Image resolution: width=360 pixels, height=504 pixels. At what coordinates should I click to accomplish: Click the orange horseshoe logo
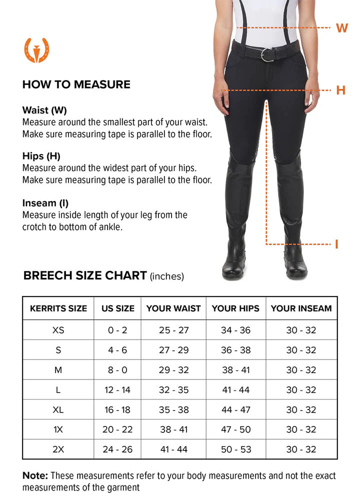click(36, 50)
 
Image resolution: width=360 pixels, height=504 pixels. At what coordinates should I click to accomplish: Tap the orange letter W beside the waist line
click(342, 28)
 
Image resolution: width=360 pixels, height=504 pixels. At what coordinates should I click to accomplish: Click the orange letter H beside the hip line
click(340, 90)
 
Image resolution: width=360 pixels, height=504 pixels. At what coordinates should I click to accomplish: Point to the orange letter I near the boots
click(336, 244)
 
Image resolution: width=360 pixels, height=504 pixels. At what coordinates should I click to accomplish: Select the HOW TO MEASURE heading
click(76, 84)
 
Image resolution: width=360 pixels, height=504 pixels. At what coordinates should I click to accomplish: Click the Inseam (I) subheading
click(45, 203)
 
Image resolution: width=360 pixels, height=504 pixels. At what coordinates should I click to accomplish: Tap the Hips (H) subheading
click(41, 156)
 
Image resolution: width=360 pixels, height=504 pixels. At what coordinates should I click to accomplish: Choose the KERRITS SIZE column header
click(58, 308)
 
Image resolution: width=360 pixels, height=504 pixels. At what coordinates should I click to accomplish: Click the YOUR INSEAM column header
click(301, 308)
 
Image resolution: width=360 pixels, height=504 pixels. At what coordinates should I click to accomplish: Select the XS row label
click(58, 330)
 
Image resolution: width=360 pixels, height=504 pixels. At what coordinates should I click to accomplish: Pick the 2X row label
click(58, 449)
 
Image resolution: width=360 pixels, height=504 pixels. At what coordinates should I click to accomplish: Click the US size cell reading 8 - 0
click(117, 370)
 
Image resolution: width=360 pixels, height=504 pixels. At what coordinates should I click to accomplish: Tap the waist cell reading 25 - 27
click(173, 330)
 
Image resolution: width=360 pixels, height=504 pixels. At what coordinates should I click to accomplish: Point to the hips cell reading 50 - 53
click(235, 449)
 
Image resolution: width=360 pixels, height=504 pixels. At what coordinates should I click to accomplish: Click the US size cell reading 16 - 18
click(117, 410)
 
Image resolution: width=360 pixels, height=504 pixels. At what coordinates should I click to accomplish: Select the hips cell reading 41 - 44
click(235, 390)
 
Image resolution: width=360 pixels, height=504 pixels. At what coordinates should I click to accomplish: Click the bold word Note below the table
click(35, 476)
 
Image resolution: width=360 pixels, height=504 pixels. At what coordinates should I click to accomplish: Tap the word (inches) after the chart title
click(167, 276)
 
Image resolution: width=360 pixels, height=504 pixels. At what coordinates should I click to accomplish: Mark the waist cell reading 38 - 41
click(173, 429)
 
